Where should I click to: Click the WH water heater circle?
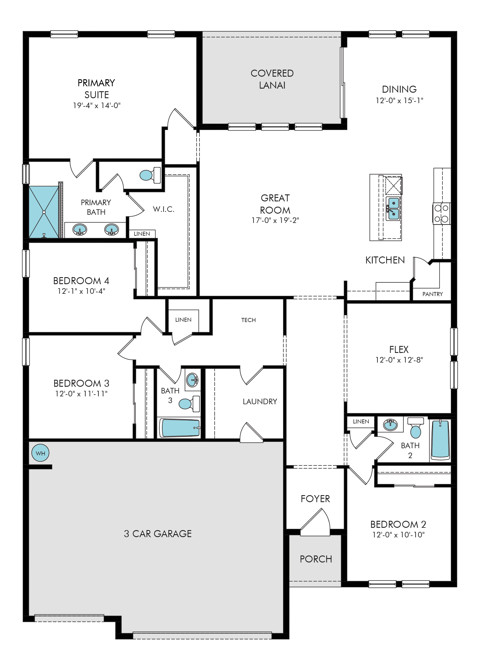[40, 453]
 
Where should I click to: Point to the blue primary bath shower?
[44, 212]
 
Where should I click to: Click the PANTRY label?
[433, 294]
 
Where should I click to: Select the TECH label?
[248, 320]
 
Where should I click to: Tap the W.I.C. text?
[163, 209]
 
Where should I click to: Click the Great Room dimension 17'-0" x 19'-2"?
[275, 220]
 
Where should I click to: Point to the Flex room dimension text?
[399, 360]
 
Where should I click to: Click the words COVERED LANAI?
[272, 79]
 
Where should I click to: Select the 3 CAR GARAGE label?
[158, 534]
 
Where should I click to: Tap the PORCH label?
[316, 559]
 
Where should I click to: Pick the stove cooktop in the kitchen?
[442, 214]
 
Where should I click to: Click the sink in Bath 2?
[391, 425]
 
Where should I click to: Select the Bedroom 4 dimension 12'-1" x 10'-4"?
[81, 291]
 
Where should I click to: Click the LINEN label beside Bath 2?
[361, 422]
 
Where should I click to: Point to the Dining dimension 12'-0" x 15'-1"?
[399, 101]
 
